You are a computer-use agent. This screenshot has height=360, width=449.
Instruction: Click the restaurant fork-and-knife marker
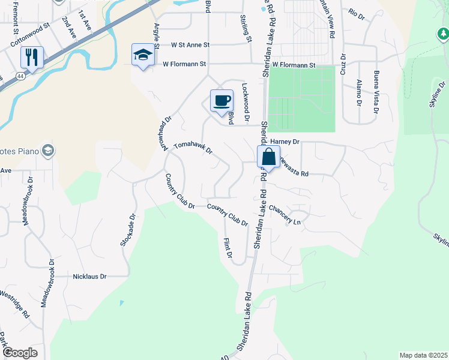(x=31, y=58)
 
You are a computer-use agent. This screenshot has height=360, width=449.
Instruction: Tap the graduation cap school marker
(x=143, y=55)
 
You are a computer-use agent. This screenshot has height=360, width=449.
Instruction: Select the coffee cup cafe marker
(x=221, y=100)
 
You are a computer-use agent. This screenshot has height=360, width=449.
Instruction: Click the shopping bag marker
(x=268, y=157)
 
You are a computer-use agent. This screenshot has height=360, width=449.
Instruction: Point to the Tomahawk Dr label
(x=193, y=148)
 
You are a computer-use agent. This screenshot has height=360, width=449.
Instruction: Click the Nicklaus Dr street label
(x=89, y=277)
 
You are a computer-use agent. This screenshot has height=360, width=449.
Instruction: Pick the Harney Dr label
(x=288, y=142)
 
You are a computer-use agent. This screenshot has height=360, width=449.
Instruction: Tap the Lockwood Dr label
(x=245, y=99)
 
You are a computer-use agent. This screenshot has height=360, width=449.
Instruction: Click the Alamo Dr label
(x=358, y=92)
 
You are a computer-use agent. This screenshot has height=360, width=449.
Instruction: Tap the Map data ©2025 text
(x=423, y=355)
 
